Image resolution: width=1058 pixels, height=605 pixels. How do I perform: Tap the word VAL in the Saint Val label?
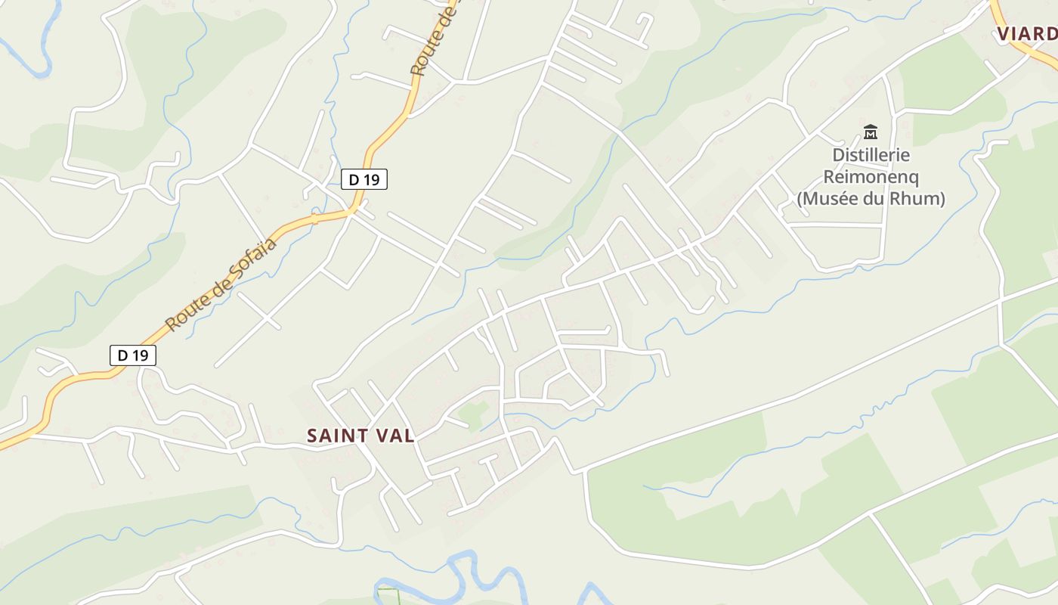coord(394,436)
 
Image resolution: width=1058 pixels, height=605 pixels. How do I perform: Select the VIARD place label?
coord(1026,33)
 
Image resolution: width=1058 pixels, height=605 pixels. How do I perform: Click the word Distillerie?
coord(871,155)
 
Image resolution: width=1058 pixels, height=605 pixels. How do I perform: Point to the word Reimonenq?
coord(871,177)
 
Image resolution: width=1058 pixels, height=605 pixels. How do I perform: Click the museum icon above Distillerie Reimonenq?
coord(871,132)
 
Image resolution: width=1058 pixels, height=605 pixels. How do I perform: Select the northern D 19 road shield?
coord(364,179)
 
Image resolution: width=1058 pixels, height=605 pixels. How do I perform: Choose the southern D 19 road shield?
coord(133,355)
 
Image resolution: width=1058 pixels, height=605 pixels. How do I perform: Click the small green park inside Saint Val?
coord(474,412)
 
